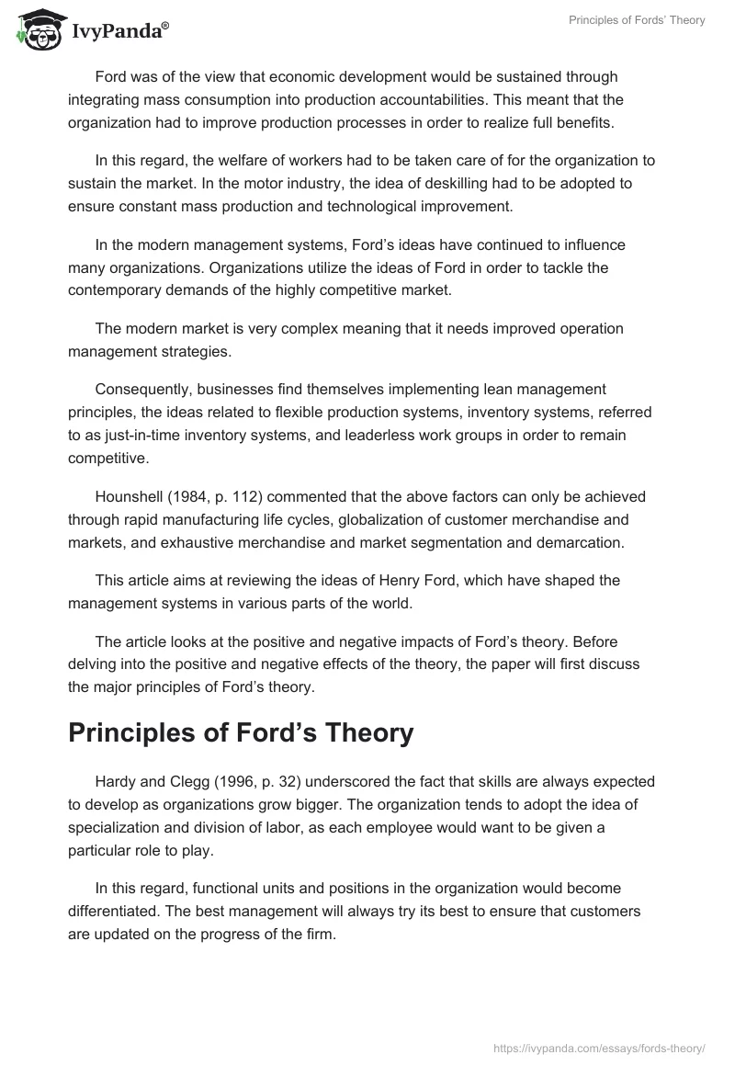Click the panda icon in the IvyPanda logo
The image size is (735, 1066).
coord(37,33)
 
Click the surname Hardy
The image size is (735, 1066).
coord(115,782)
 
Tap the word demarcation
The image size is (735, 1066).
coord(576,542)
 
